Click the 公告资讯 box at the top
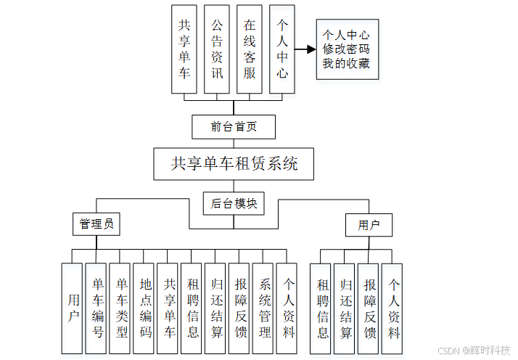pos(217,49)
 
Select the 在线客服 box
pos(250,49)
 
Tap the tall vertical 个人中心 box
pos(282,49)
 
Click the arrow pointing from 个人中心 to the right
pos(304,51)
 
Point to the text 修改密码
pos(346,49)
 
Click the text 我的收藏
pos(346,64)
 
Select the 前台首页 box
pos(234,126)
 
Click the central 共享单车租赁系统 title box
pos(235,164)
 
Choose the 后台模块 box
pos(234,203)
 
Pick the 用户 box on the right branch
pos(369,225)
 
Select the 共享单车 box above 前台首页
pos(184,49)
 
